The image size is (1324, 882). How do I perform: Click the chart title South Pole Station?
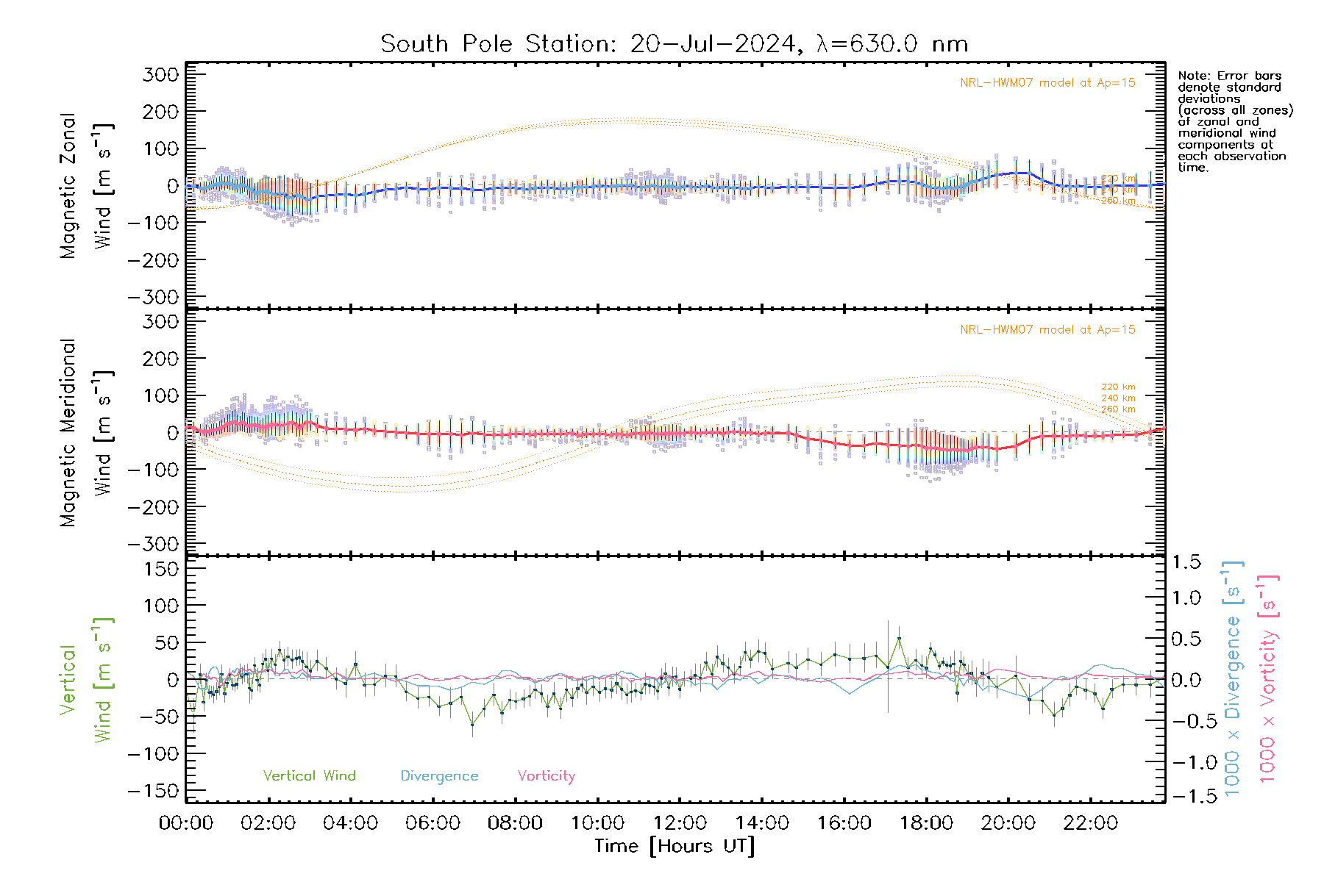click(673, 44)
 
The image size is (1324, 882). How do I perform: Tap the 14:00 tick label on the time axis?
click(762, 823)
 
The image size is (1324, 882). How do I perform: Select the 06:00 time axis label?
click(433, 823)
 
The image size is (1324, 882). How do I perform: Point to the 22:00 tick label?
click(1091, 823)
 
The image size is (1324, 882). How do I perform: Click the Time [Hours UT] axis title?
click(675, 847)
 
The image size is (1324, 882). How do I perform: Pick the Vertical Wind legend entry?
click(309, 776)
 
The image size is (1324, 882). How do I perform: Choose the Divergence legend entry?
click(439, 776)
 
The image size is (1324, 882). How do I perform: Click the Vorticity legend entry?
click(546, 776)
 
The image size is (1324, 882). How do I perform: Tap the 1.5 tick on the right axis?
click(1186, 562)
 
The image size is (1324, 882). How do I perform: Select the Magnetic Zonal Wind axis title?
click(85, 186)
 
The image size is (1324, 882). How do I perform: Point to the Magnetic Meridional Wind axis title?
click(85, 433)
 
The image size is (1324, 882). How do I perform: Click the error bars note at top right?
click(1234, 121)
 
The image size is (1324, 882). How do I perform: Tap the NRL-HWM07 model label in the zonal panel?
click(1047, 83)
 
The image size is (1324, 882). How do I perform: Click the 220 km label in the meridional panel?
click(1118, 387)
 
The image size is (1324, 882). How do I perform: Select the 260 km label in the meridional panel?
click(1118, 409)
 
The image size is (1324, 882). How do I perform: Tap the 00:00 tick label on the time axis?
click(186, 823)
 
